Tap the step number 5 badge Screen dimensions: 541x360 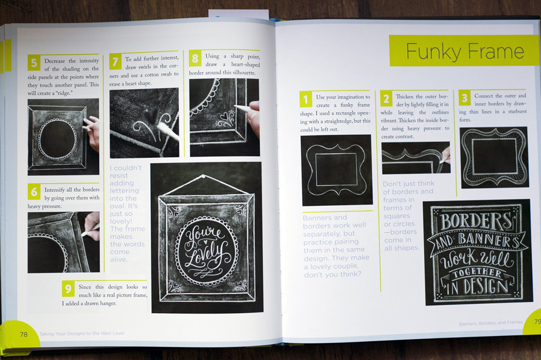[34, 63]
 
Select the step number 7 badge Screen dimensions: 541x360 [116, 62]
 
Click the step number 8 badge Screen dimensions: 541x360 [195, 59]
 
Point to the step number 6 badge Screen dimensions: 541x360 [34, 192]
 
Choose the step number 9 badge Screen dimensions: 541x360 [68, 289]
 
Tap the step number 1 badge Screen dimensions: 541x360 [306, 99]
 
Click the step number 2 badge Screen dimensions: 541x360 [387, 99]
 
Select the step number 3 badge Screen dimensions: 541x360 [465, 98]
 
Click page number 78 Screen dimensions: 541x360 [23, 334]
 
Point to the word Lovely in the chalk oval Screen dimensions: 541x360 [207, 253]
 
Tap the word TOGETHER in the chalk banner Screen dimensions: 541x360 [477, 273]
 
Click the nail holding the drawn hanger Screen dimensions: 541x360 [204, 177]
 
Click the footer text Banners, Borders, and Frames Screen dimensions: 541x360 [491, 323]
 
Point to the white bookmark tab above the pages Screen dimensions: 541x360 [238, 14]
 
